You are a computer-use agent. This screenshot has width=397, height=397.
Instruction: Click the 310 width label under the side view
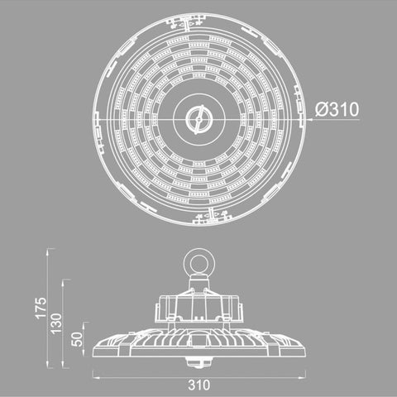199,385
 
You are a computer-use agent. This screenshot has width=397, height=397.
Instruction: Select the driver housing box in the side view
199,307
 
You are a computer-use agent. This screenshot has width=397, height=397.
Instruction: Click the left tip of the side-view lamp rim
93,345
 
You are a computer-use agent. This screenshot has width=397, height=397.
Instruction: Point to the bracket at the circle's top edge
198,16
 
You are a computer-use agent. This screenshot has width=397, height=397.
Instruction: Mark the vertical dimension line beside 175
49,306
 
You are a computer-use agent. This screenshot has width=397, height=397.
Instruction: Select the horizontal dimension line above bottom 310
199,375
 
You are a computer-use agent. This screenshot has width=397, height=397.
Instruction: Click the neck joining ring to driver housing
199,281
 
